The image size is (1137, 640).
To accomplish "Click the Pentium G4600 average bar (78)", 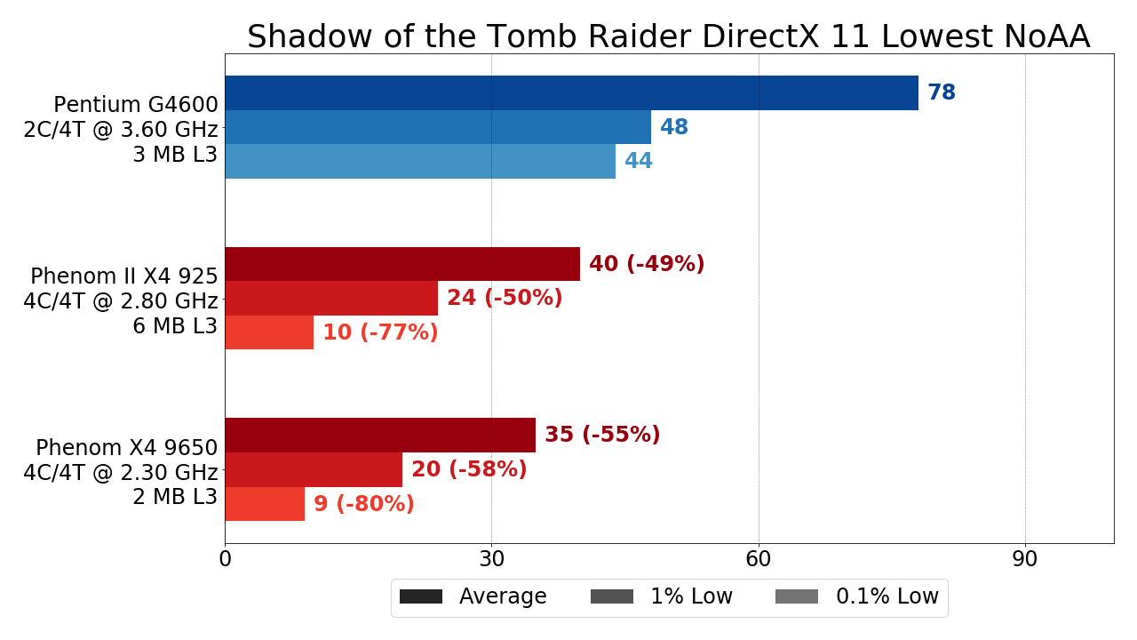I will pos(571,93).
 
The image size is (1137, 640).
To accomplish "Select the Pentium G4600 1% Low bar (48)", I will pos(438,127).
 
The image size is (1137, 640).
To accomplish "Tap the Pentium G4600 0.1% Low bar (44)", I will pos(420,161).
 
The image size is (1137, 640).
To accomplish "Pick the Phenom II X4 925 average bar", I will pos(402,264).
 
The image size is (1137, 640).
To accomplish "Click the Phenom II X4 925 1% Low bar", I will pos(331,299).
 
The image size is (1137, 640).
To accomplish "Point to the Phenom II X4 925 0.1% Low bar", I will pos(269,332).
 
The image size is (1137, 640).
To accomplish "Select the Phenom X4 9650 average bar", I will pos(380,435).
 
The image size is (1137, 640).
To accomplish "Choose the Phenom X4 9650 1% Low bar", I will pos(314,469).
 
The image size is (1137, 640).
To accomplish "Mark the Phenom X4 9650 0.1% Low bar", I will pos(265,503).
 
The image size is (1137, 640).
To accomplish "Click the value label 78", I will pos(942,93).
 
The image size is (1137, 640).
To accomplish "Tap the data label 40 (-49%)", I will pos(647,264).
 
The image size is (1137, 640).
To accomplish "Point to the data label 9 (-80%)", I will pos(364,504).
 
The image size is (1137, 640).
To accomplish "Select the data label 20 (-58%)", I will pos(469,469).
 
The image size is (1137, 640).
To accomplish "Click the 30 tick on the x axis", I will pos(491,560).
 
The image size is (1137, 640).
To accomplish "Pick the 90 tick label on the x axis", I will pos(1025,560).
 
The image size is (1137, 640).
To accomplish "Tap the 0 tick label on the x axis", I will pos(225,560).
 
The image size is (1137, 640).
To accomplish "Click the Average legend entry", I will pos(473,596).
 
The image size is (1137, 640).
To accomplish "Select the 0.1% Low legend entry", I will pos(857,596).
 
